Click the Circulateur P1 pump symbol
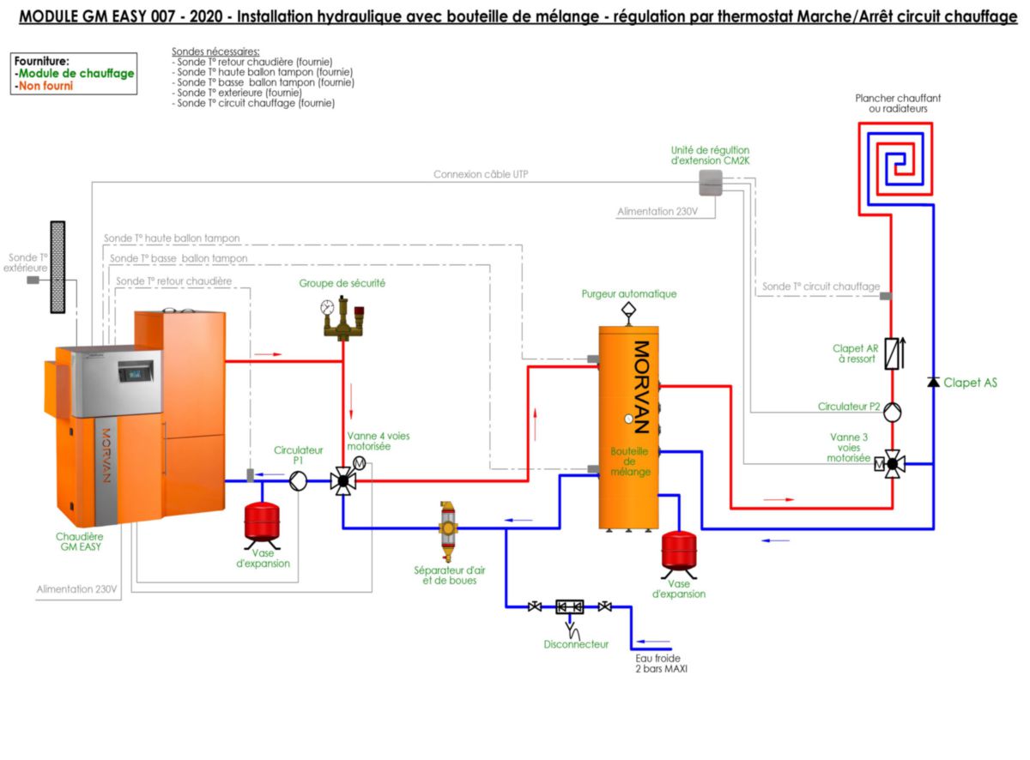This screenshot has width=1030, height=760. [x=298, y=481]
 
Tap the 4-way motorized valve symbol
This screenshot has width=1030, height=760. [x=343, y=481]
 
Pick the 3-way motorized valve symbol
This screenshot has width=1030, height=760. [x=892, y=465]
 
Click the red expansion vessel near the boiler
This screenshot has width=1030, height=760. [x=262, y=519]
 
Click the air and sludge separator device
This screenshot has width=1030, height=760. [x=447, y=530]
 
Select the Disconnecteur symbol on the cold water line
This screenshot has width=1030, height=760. [x=570, y=607]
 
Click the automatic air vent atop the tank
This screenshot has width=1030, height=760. [x=628, y=311]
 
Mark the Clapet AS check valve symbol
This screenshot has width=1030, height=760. [x=933, y=382]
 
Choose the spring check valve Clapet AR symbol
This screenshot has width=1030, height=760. [x=892, y=353]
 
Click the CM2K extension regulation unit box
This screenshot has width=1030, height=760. [x=710, y=181]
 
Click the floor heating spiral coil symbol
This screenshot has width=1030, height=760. [x=896, y=159]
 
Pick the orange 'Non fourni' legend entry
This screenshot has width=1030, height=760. [x=45, y=86]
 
